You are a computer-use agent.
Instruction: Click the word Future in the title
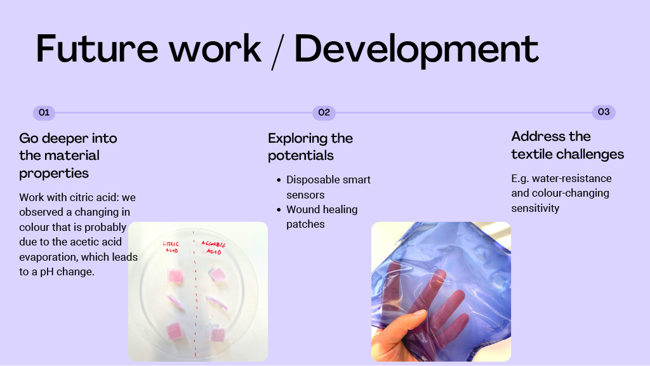pos(97,48)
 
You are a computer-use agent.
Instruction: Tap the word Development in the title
pos(416,51)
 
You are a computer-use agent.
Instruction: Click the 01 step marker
pos(44,113)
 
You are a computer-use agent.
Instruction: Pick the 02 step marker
pos(324,113)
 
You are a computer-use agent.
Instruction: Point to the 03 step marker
pos(604,112)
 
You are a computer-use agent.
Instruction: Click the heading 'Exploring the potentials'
pos(310,147)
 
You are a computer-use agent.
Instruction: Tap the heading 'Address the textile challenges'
pos(567,145)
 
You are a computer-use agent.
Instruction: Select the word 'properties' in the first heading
pos(54,173)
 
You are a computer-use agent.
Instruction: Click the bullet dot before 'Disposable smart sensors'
pos(279,180)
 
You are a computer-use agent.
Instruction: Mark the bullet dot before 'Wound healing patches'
pos(279,210)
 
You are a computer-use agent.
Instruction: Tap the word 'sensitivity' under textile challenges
pos(535,208)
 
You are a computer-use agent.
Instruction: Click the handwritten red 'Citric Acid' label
pos(171,247)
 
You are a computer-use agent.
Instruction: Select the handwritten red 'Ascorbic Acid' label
pos(213,247)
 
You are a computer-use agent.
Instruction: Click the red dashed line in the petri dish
pos(194,294)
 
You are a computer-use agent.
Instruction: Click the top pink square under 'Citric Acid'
pos(175,276)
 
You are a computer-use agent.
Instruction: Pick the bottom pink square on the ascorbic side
pos(218,334)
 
